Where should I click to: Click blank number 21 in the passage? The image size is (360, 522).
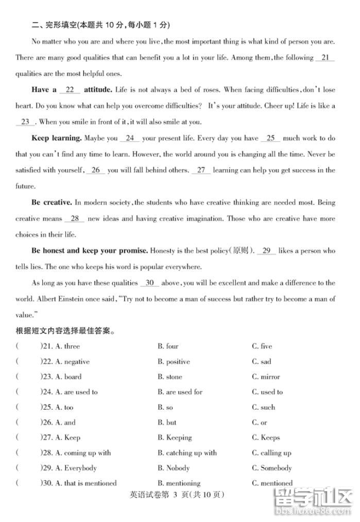(324, 58)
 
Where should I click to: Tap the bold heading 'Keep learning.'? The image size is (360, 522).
(57, 138)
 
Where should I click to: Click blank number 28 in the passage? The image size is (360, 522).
(75, 218)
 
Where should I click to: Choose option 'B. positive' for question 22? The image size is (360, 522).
(174, 362)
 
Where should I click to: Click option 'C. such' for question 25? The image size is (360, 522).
(263, 407)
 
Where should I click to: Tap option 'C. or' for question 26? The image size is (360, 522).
(260, 423)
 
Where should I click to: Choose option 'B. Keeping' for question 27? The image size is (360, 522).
(175, 437)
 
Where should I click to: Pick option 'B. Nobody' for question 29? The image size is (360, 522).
(174, 468)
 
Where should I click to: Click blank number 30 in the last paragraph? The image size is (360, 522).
(150, 283)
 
